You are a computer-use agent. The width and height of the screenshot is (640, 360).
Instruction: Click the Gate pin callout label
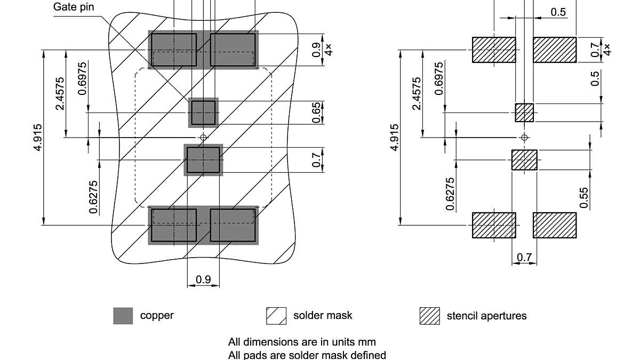[74, 7]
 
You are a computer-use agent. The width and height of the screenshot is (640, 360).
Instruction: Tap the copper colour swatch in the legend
[123, 315]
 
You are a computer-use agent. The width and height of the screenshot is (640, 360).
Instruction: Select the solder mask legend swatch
[276, 315]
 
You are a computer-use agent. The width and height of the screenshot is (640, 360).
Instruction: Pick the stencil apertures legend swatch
[430, 315]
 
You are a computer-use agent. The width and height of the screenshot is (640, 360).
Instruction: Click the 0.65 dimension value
[317, 113]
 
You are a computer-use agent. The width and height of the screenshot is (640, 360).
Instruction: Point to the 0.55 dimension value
[585, 197]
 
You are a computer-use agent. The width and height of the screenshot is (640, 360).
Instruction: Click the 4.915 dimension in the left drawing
[37, 138]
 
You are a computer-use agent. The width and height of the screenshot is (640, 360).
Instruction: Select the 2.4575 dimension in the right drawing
[417, 94]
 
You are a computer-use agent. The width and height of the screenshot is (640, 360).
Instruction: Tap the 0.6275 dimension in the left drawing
[94, 195]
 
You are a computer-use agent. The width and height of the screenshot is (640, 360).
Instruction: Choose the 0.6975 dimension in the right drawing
[439, 78]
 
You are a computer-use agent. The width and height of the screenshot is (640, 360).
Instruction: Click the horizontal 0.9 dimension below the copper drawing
[203, 279]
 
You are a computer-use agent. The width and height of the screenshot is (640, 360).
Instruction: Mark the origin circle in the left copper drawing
[203, 138]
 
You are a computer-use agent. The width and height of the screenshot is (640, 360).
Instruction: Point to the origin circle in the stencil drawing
[524, 138]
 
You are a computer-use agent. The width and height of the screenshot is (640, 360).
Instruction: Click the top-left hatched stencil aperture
[494, 50]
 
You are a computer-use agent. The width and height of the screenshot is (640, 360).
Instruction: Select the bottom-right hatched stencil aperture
[555, 225]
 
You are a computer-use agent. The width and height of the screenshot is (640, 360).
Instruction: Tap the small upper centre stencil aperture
[524, 113]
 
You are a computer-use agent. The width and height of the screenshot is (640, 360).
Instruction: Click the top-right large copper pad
[233, 50]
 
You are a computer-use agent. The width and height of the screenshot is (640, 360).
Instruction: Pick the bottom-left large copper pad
[174, 225]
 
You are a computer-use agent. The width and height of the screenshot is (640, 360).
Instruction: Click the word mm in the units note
[368, 342]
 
